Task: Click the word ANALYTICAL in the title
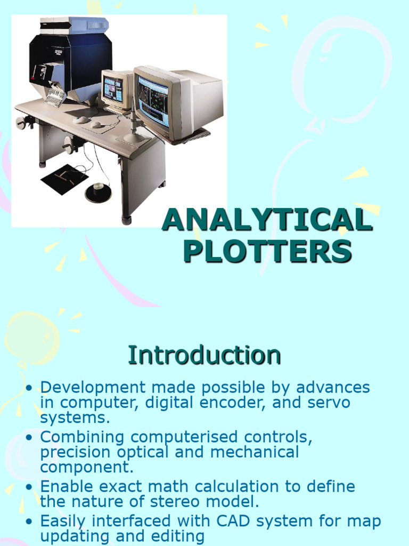266,220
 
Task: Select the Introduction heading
204,355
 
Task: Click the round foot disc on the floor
99,192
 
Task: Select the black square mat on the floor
64,179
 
